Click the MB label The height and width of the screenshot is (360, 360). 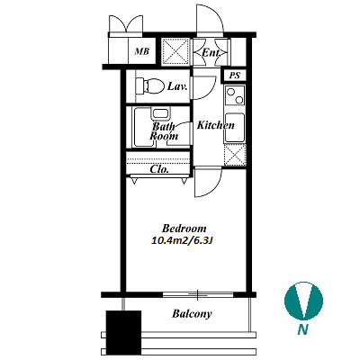141,51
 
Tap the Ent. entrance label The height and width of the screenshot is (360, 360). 211,53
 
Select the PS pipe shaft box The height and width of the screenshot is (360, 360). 235,76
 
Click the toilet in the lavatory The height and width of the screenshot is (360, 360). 149,85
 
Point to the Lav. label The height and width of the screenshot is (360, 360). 177,86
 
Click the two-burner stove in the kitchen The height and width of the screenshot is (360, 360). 235,95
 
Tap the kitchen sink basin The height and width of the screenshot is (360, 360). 235,128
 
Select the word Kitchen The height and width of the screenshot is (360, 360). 215,125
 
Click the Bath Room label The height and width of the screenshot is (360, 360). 164,130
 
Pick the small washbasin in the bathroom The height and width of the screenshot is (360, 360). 162,114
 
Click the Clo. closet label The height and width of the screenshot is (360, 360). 159,169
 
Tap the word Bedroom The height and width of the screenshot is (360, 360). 184,229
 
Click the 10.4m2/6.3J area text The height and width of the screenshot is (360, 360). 182,240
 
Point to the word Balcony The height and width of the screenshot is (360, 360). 192,314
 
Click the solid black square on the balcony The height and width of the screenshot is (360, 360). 123,332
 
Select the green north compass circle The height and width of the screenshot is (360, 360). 303,300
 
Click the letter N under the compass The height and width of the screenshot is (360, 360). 303,330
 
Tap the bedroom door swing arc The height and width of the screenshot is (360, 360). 213,189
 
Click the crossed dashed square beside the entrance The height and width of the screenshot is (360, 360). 175,51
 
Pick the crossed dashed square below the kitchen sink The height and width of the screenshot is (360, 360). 235,155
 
